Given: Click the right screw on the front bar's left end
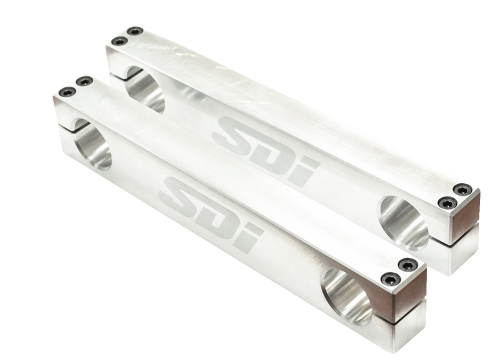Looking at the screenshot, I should [82, 81].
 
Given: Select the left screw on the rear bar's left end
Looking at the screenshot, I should [118, 41].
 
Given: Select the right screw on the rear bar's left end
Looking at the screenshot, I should [135, 30].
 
